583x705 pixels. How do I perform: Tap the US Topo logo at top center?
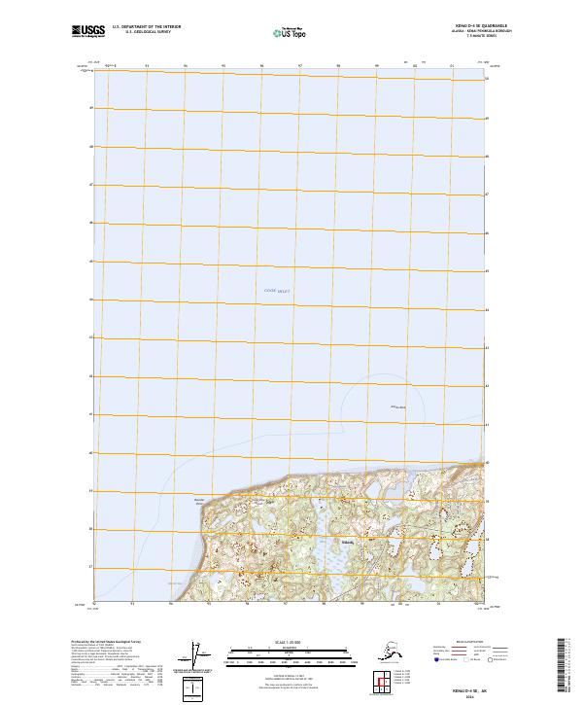pos(293,32)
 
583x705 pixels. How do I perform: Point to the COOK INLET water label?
pos(277,291)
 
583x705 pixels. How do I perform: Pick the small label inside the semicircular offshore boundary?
pos(396,406)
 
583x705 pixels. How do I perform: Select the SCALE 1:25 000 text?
pos(291,642)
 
